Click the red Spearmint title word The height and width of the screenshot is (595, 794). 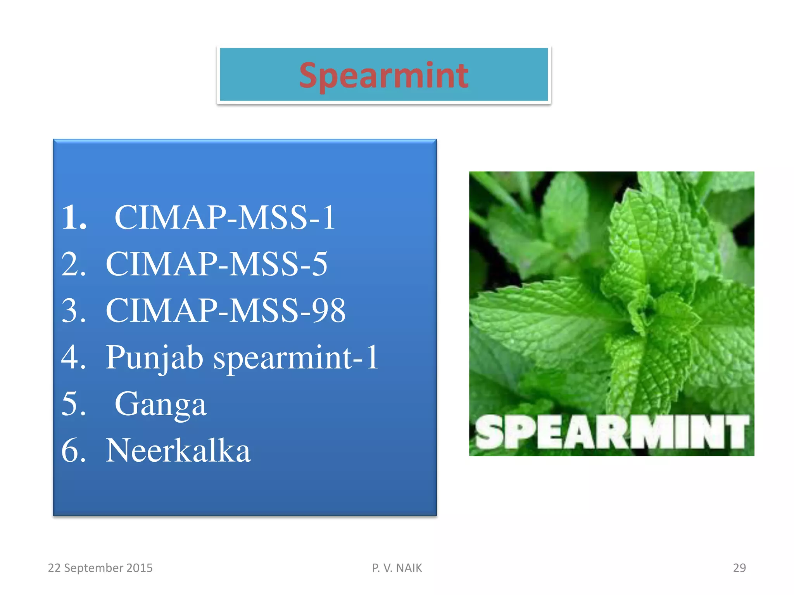click(383, 76)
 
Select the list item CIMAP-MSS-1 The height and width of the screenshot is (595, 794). click(225, 218)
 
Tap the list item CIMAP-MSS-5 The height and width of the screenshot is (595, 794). click(217, 264)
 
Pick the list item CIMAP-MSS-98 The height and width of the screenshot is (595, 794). click(226, 311)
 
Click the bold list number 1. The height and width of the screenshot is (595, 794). click(74, 218)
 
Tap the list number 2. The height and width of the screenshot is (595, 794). click(73, 264)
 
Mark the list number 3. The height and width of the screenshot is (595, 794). click(73, 311)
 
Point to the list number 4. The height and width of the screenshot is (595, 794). click(73, 357)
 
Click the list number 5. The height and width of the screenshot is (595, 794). click(73, 404)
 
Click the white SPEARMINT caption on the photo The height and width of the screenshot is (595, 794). click(612, 432)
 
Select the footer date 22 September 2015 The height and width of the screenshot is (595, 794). click(100, 568)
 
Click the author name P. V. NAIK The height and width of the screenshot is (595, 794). click(397, 568)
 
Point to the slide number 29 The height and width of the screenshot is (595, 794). click(739, 568)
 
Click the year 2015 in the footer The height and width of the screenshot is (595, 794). click(140, 568)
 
